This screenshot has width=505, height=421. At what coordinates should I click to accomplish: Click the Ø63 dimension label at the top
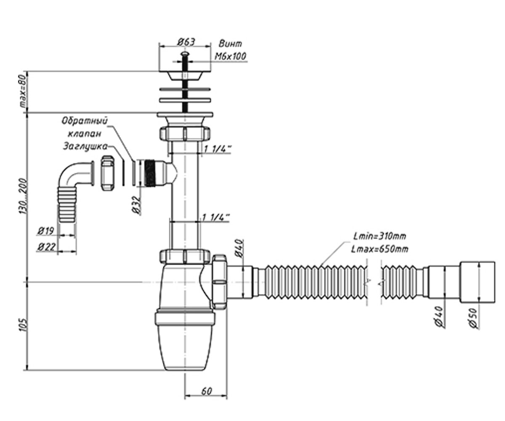[186, 42]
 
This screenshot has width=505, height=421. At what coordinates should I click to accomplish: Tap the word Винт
[230, 44]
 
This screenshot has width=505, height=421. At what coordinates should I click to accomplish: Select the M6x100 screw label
[231, 56]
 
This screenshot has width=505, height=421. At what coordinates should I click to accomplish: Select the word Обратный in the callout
[84, 120]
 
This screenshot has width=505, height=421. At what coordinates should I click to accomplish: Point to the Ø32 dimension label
[137, 205]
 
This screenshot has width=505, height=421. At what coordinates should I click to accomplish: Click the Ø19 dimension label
[46, 231]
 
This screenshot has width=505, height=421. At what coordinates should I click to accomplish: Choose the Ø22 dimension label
[46, 247]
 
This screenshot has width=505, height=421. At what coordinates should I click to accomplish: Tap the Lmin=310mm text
[380, 236]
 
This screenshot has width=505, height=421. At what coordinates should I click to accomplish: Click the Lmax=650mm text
[380, 249]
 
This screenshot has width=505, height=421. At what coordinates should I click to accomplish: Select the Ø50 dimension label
[475, 318]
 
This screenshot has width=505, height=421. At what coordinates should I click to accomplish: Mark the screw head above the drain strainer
[185, 54]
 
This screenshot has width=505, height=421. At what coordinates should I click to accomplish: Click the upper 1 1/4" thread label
[217, 149]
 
